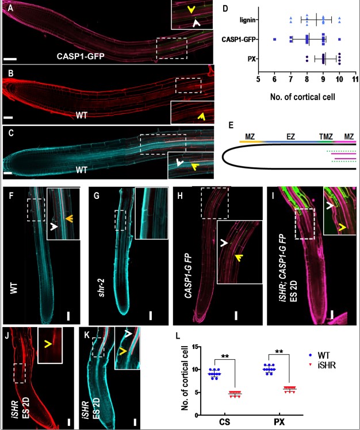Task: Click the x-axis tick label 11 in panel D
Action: (x=356, y=78)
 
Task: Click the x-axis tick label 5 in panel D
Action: (x=258, y=78)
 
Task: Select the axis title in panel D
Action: (x=307, y=91)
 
